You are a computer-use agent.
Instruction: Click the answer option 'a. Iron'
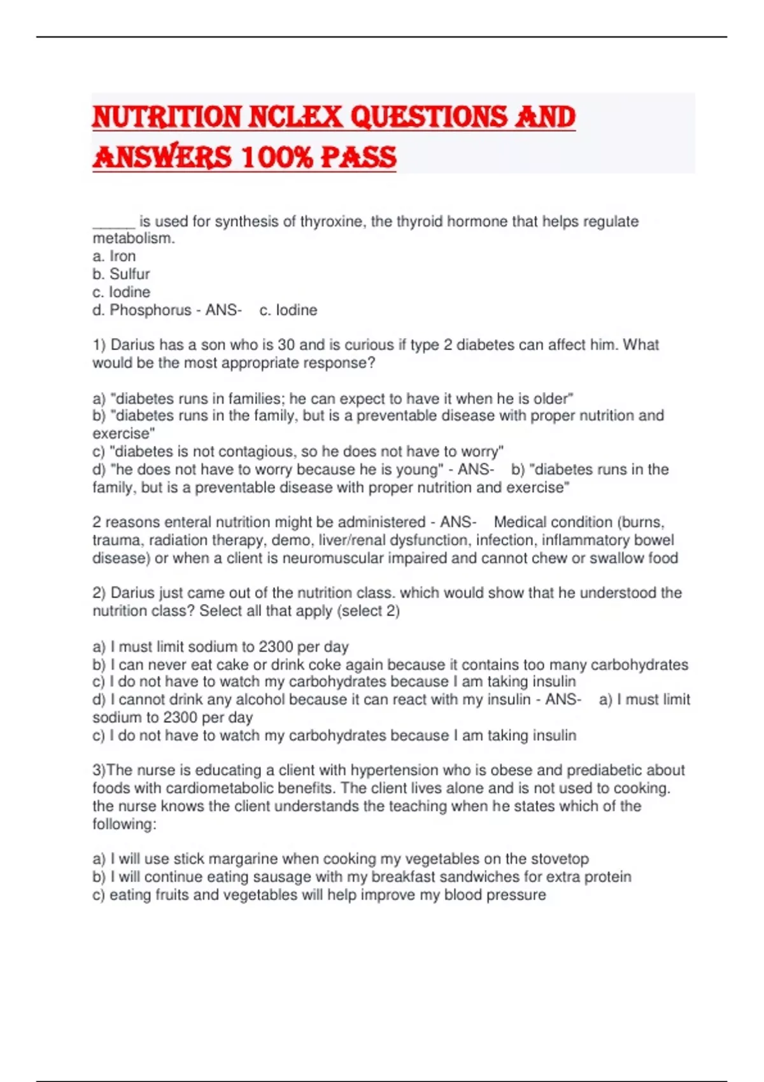115,256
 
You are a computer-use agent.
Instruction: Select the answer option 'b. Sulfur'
122,274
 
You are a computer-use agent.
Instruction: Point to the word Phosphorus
150,311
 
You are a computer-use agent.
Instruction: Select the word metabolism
133,239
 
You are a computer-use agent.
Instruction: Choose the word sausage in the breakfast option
282,877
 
